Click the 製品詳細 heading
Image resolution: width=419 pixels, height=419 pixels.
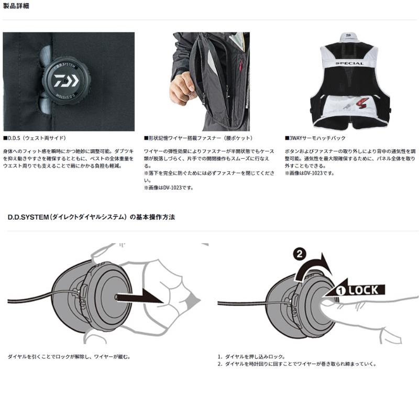16,6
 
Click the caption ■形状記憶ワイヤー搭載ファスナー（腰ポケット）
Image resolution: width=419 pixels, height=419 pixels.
199,139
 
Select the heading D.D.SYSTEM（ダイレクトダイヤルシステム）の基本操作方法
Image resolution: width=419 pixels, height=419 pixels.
92,216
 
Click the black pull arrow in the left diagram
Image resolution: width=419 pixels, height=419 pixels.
139,298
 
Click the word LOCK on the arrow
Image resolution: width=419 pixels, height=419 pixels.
363,290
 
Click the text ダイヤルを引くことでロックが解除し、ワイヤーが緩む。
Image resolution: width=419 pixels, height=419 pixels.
69,356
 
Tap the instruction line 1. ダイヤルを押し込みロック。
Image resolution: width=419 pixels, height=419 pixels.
251,356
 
